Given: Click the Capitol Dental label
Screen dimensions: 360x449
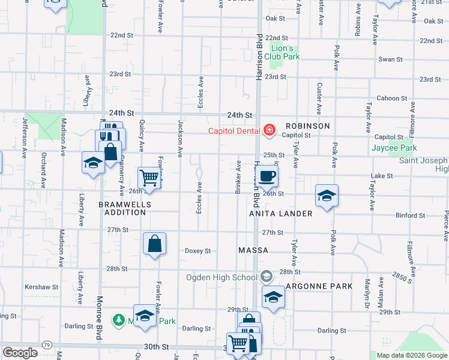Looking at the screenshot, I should pos(234,131).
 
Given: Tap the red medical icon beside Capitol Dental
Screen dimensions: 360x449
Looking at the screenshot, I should pos(270,130).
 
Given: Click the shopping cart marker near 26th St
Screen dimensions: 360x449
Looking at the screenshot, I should pos(149,178).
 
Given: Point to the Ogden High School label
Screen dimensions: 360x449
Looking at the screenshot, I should pos(221,277).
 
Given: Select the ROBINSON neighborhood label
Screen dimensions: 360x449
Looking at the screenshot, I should pos(307,126).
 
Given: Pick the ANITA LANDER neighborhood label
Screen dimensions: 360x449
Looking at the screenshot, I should pos(282,214).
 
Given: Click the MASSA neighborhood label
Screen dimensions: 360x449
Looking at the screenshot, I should pos(253,250).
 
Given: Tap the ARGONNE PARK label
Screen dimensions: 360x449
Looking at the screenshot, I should pos(319,286).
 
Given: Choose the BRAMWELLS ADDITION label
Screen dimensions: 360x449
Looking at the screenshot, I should pos(125,208).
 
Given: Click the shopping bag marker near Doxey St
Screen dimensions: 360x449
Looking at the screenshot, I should pos(154,244).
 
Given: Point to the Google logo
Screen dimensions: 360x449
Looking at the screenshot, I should pos(20,353).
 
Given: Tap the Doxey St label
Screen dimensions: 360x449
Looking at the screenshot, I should pos(197,251).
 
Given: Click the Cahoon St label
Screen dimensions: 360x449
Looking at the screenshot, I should pos(391,98).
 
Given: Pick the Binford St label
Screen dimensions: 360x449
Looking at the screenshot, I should pos(410,215).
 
